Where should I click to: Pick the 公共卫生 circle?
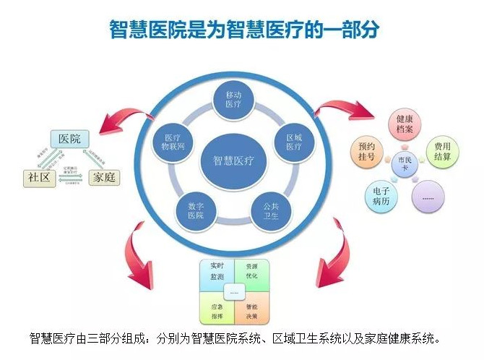pos(269,209)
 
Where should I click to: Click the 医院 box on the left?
pos(69,139)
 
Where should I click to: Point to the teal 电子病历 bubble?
pos(381,197)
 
